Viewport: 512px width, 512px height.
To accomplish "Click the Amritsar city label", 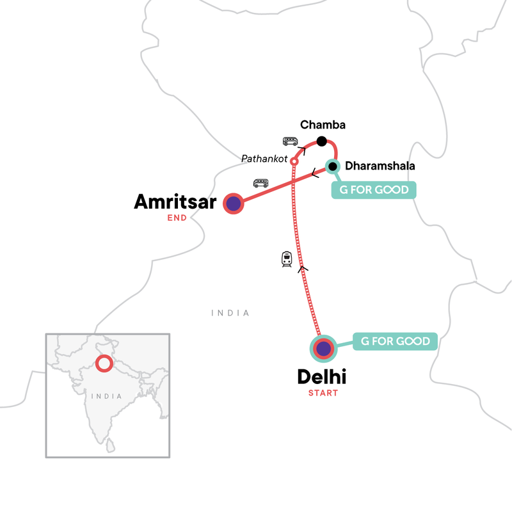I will [x=175, y=202].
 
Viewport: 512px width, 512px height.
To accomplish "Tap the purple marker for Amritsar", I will [x=234, y=204].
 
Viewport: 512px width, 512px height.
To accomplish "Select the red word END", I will [x=177, y=218].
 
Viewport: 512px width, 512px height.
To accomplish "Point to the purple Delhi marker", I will [x=324, y=349].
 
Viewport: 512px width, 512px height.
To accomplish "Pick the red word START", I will [x=322, y=392].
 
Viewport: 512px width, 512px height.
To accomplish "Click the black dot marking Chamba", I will [x=322, y=141].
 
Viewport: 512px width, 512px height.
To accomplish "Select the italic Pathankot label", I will [x=264, y=158].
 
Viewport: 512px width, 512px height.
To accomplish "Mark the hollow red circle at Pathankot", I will [x=294, y=161].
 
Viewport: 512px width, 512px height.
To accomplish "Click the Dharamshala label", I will [x=380, y=166].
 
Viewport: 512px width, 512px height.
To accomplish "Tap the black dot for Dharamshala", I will [x=332, y=167].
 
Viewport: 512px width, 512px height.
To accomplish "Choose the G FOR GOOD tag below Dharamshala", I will [x=374, y=190].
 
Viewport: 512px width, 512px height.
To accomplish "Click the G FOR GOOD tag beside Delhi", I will [x=396, y=341].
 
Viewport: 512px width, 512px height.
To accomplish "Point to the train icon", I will [x=287, y=259].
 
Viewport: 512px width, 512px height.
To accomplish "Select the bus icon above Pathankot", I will [x=290, y=141].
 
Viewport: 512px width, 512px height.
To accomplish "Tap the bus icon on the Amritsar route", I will [x=260, y=183].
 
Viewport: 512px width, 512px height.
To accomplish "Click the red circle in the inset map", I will [x=103, y=364].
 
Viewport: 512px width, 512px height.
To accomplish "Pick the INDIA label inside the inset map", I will [x=106, y=396].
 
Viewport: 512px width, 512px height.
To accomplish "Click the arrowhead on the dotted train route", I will [x=303, y=269].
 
